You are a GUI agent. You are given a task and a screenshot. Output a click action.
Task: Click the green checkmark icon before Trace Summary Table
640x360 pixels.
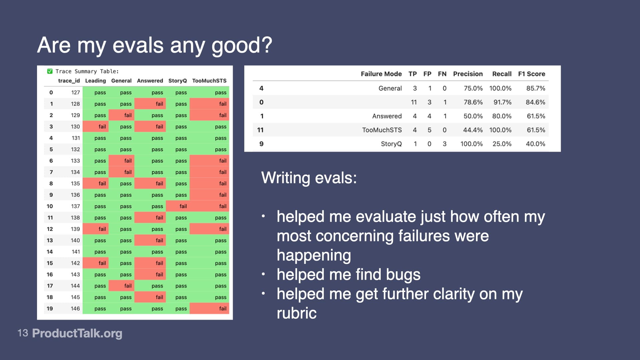pos(50,71)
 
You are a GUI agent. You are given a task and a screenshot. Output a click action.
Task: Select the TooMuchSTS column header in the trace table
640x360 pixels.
pos(209,81)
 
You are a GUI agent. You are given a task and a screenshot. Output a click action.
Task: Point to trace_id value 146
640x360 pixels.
pos(75,309)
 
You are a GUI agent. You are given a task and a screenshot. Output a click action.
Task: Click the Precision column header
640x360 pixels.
pos(468,74)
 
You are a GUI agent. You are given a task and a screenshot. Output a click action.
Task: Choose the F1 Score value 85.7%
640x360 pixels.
pos(535,88)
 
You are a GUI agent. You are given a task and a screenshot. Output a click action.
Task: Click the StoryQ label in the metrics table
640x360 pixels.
pos(391,144)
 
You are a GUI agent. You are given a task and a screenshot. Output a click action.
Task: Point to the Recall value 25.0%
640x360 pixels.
pos(502,144)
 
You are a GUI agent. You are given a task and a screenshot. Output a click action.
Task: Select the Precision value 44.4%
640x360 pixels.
pos(473,130)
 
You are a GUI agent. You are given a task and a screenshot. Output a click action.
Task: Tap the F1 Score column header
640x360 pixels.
pos(531,74)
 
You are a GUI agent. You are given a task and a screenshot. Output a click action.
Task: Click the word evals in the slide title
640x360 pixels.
pos(138,45)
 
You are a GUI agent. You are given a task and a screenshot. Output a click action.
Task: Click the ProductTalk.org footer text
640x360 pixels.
pos(77,333)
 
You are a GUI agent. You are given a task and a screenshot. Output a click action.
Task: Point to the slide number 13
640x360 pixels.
pos(23,333)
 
